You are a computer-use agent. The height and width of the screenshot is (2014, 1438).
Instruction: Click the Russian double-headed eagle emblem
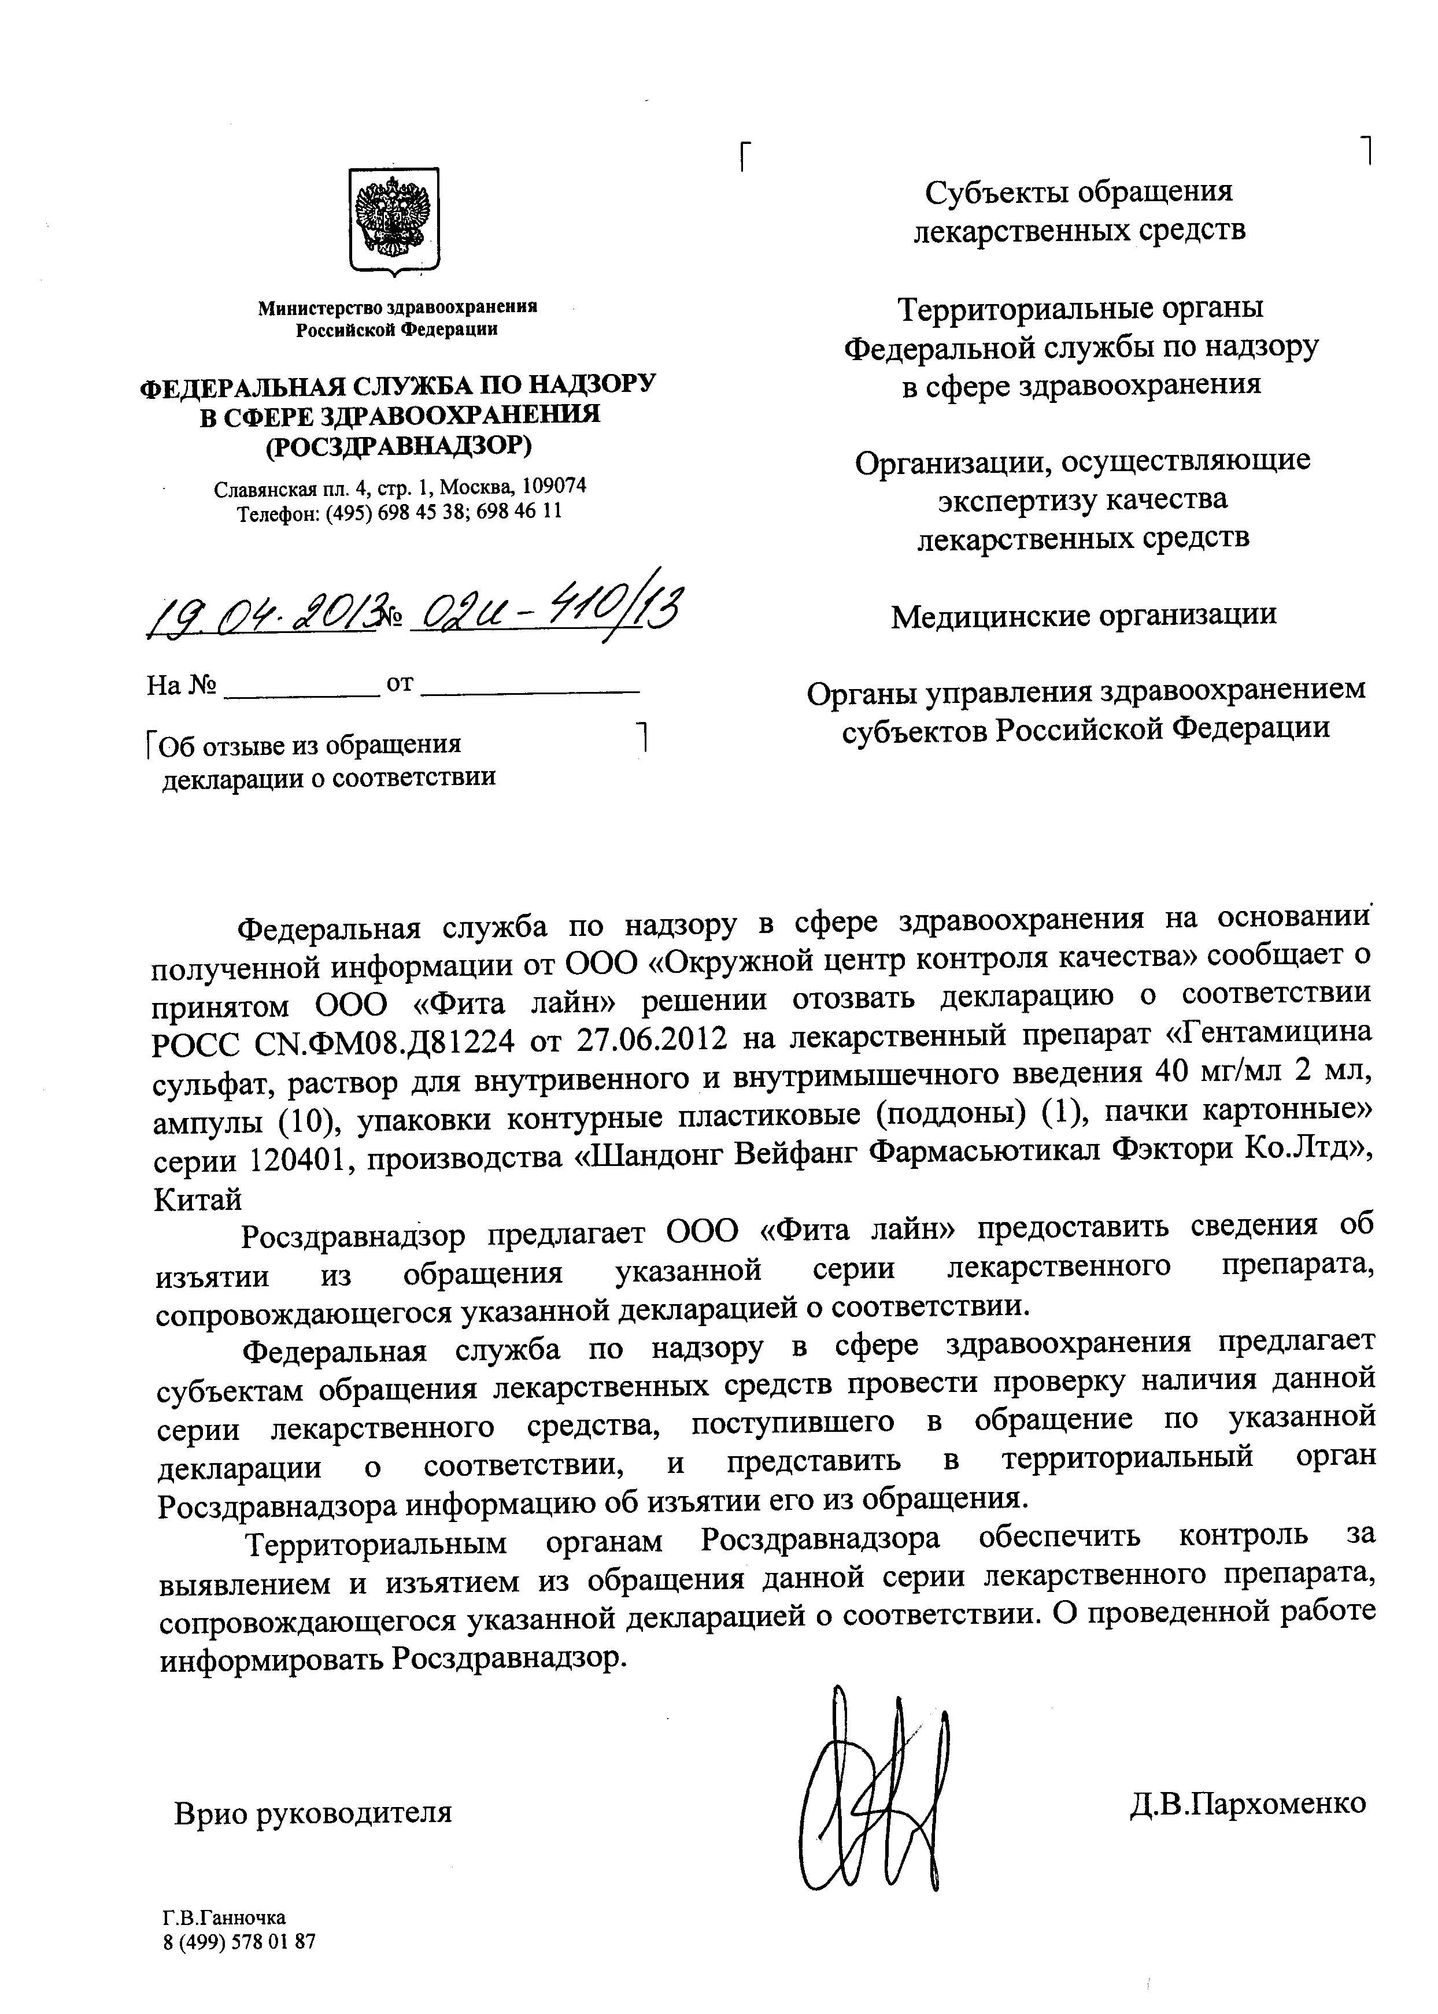(x=392, y=220)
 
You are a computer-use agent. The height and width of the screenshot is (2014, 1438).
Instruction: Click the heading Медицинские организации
(x=1084, y=614)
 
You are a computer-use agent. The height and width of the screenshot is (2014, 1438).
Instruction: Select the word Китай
(x=198, y=1199)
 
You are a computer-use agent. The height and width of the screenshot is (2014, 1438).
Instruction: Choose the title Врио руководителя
(x=313, y=1812)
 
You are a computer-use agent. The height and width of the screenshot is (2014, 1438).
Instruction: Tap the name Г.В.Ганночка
(x=224, y=1917)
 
